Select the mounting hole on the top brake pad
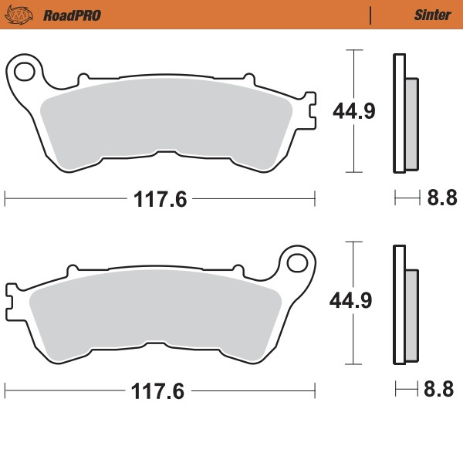25,73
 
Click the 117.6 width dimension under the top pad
161,199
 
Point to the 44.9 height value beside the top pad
354,111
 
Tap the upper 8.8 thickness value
442,199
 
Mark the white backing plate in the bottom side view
398,306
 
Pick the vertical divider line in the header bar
371,15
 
